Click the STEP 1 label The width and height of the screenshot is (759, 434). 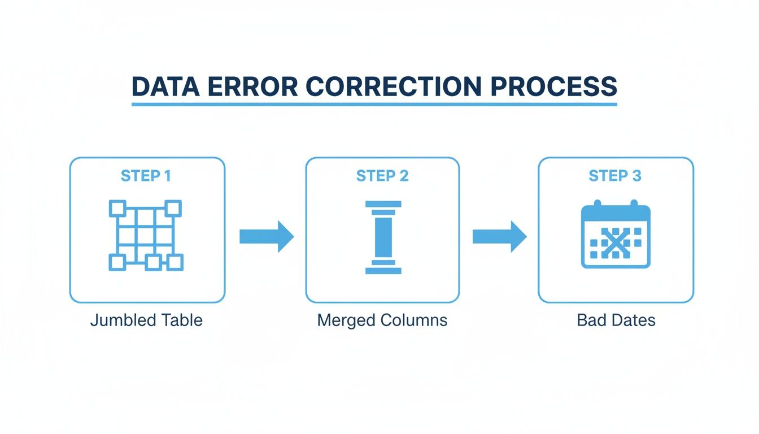coord(146,176)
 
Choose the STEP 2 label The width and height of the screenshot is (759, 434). coord(382,176)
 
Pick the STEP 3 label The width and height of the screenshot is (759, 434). coord(615,176)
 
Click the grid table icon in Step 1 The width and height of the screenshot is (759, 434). coord(146,235)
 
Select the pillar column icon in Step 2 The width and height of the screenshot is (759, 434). coord(383,237)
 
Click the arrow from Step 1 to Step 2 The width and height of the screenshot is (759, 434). coord(267,236)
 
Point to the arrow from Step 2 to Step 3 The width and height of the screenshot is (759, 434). coord(499,236)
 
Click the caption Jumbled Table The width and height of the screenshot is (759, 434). coord(146,320)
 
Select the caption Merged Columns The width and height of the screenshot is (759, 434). coord(382,320)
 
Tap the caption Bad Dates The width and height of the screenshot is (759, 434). coord(616,320)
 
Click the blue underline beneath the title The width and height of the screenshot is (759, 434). coord(374,105)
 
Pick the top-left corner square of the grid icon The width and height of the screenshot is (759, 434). coord(116,209)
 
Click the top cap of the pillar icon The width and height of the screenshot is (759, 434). coord(383,204)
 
